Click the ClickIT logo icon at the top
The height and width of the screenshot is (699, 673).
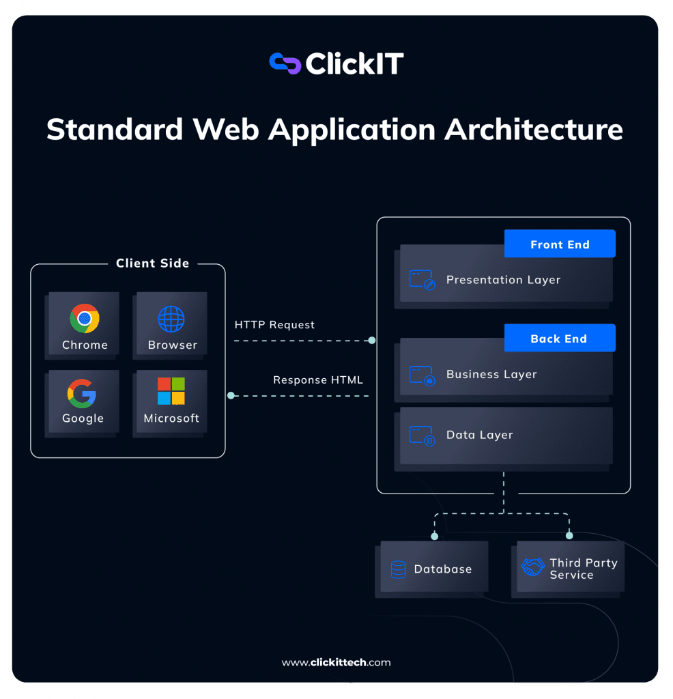[x=285, y=63]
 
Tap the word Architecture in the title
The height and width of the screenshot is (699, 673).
[x=534, y=129]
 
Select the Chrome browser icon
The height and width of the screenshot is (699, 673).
[x=85, y=318]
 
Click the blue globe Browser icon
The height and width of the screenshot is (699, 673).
[x=171, y=319]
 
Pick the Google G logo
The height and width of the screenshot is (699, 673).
[x=82, y=393]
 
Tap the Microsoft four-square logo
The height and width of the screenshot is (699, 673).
[x=171, y=391]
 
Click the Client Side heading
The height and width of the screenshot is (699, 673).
[x=152, y=263]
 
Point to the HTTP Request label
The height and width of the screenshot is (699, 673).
[x=274, y=325]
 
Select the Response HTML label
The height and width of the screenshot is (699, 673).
[x=318, y=380]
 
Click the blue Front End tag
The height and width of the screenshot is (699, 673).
[x=560, y=244]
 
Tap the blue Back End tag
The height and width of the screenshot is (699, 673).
[x=559, y=339]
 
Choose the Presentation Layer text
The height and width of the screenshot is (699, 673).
[x=503, y=280]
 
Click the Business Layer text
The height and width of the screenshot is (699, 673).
[x=491, y=374]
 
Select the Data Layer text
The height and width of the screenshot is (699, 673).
[x=479, y=435]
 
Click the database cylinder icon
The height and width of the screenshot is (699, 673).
[x=398, y=569]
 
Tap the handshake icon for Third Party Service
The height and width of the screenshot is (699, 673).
[x=532, y=567]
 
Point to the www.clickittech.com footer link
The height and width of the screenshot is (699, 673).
[x=336, y=662]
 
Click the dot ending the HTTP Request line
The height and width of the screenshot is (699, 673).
[x=372, y=340]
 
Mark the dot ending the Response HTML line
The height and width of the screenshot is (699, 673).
[x=231, y=395]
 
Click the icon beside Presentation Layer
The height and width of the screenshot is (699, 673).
[x=422, y=280]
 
